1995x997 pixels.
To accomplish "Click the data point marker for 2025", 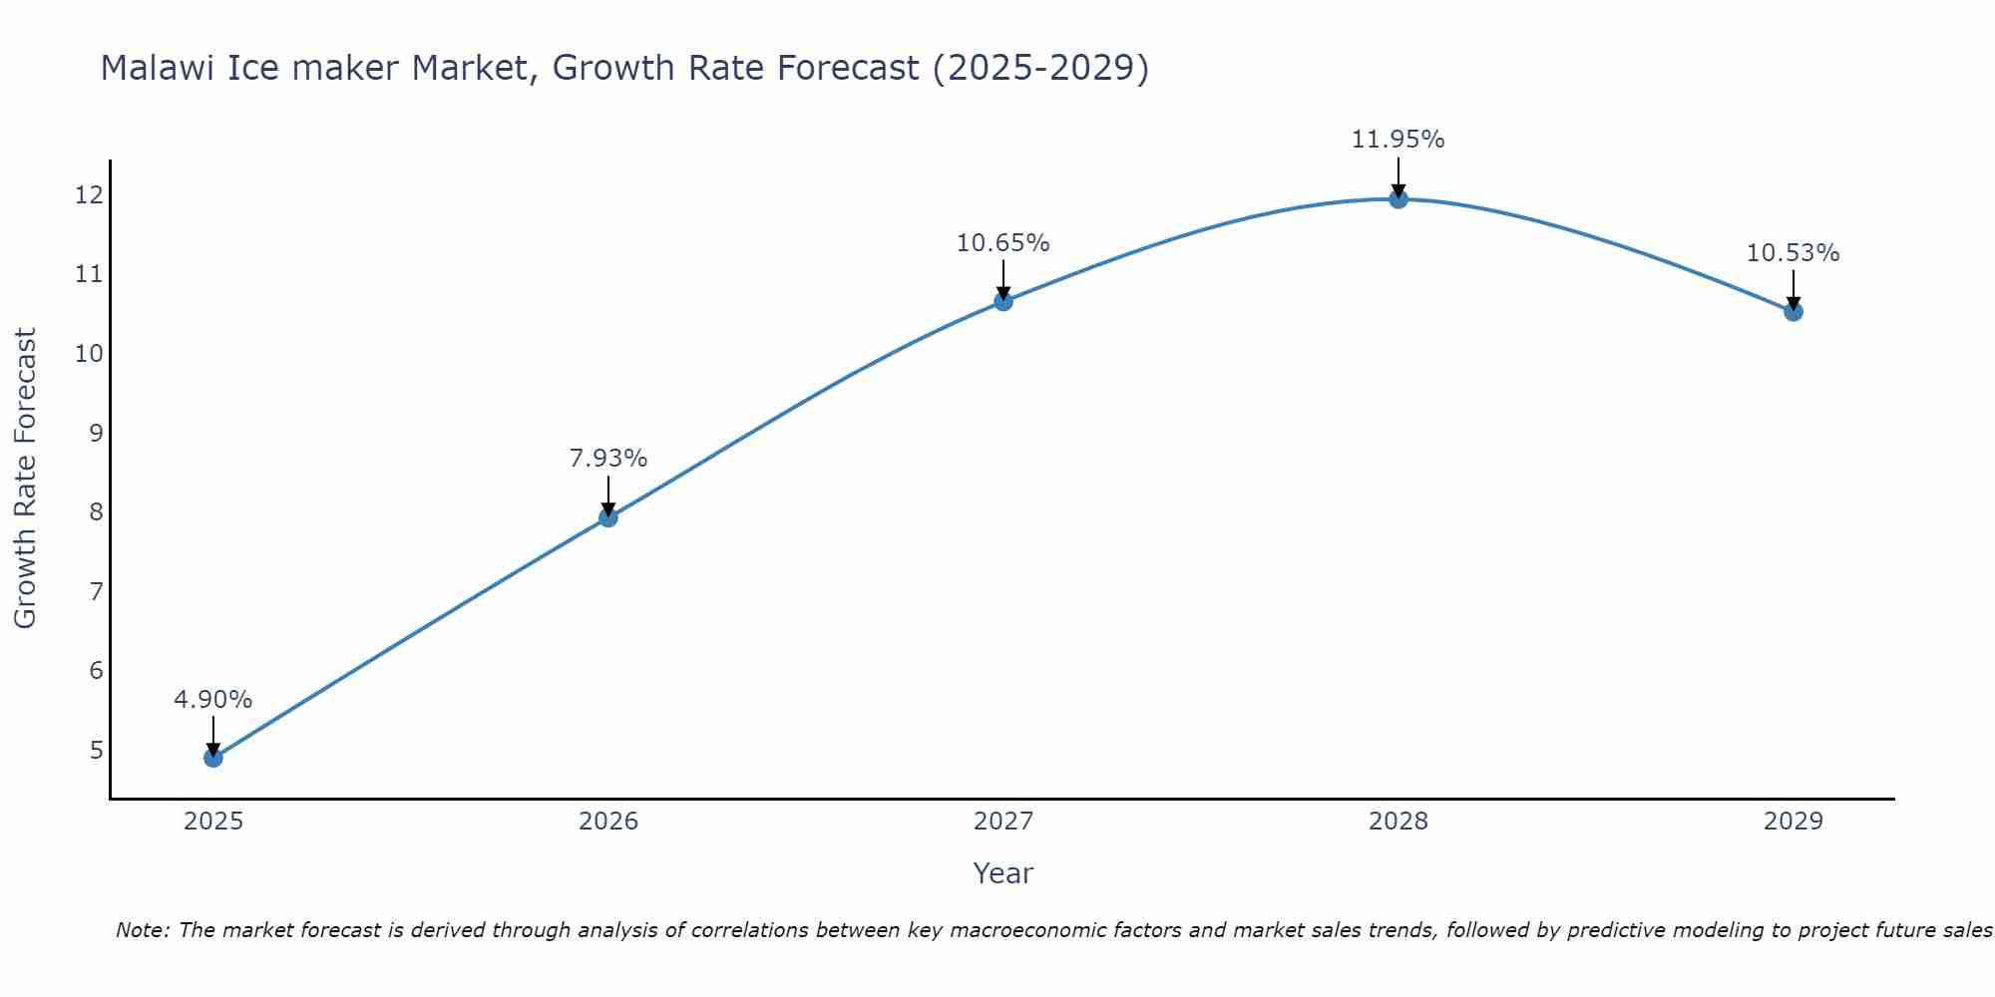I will tap(213, 758).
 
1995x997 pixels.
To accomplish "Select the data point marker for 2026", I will tap(608, 517).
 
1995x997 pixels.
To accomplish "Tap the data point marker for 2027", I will tap(1003, 301).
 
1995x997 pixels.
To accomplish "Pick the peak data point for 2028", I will tap(1398, 198).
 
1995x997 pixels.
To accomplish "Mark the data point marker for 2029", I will tap(1794, 311).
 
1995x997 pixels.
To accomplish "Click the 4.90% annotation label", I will tap(213, 700).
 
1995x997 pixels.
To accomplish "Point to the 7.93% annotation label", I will tap(608, 459).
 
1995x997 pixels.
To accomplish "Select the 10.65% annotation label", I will tap(1003, 243).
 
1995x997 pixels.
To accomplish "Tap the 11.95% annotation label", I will tap(1398, 140).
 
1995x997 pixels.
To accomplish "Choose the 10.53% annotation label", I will tap(1794, 253).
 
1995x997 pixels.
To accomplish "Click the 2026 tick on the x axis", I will tap(608, 822).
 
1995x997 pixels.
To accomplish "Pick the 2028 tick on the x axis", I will tap(1398, 822).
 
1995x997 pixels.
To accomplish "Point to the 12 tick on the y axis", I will tap(89, 194).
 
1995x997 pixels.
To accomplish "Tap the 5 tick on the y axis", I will tap(96, 750).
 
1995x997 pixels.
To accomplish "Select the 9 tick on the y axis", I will tap(96, 433).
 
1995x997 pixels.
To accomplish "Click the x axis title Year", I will tap(1003, 873).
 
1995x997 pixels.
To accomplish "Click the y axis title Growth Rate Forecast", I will tap(26, 479).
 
